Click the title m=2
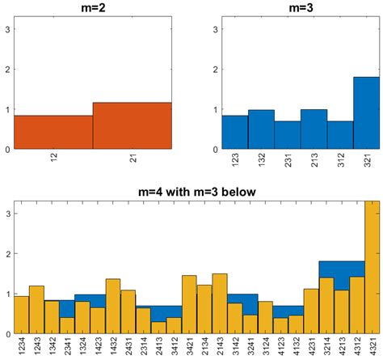click(x=93, y=7)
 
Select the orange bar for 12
click(x=53, y=133)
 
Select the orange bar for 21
click(x=133, y=126)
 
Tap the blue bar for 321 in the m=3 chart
click(x=366, y=113)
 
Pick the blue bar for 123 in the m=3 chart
click(x=234, y=133)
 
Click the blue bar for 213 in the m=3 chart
click(x=314, y=129)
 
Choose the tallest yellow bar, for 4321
click(x=372, y=267)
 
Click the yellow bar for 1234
click(x=21, y=316)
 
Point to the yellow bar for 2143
click(x=220, y=304)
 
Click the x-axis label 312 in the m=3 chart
click(x=340, y=161)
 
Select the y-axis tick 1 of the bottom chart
click(x=7, y=294)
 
